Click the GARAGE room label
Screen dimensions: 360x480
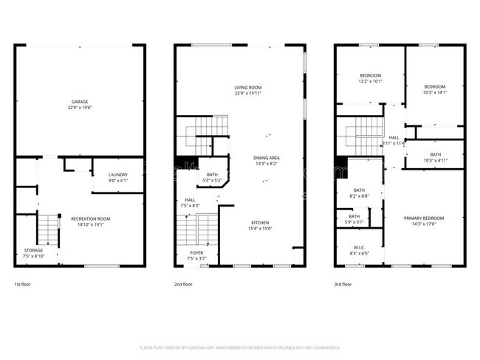80,101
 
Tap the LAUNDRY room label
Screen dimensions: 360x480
118,175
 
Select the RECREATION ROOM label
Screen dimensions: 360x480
90,218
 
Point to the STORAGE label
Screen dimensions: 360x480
34,251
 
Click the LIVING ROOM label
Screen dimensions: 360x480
247,87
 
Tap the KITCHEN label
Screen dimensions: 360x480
259,223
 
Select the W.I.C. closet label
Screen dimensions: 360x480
360,248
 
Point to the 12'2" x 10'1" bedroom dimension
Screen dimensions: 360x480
371,81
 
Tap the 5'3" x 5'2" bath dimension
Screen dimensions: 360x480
212,180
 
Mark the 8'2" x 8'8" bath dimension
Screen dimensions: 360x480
360,195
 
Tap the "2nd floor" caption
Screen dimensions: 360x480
183,284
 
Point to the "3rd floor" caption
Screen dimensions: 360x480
343,284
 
